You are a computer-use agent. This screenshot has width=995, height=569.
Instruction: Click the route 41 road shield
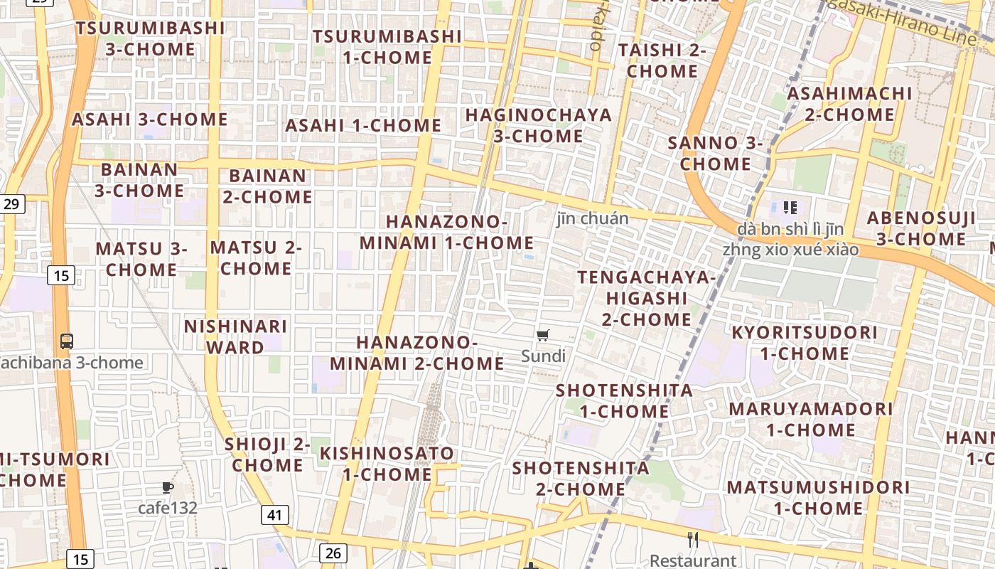coord(275,514)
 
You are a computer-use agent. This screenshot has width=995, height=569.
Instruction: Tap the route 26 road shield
coord(333,553)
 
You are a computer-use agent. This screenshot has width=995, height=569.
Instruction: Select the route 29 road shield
coord(11,205)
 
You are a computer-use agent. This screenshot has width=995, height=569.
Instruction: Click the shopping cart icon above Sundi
coord(543,335)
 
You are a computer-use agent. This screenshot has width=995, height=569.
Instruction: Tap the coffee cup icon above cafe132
coord(167,487)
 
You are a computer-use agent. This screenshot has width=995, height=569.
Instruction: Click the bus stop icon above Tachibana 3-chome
coord(66,341)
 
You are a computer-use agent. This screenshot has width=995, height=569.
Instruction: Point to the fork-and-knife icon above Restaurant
coord(693,540)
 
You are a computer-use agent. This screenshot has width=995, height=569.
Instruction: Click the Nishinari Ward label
coord(235,336)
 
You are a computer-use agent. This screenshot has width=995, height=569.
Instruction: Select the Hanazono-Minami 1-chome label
coord(446,232)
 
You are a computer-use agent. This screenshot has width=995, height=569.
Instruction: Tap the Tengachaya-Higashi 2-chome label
coord(645,298)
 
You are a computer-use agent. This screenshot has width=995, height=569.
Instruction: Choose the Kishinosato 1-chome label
coord(387,464)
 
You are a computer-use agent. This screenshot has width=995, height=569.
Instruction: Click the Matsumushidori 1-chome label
coord(817,498)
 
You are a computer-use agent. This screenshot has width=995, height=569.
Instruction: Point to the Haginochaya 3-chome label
coord(538,125)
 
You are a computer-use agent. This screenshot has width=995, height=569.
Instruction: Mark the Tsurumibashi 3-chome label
coord(150,38)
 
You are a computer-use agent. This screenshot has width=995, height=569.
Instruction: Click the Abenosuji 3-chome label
coord(920,228)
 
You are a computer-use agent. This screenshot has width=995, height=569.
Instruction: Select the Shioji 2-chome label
coord(267,454)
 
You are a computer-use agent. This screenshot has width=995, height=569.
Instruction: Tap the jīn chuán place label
coord(593,218)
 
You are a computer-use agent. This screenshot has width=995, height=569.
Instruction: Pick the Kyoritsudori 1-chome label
coord(805,343)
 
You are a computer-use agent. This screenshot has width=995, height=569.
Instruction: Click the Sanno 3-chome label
coord(715,153)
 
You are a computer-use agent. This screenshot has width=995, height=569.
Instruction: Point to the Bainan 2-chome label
coord(267,186)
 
